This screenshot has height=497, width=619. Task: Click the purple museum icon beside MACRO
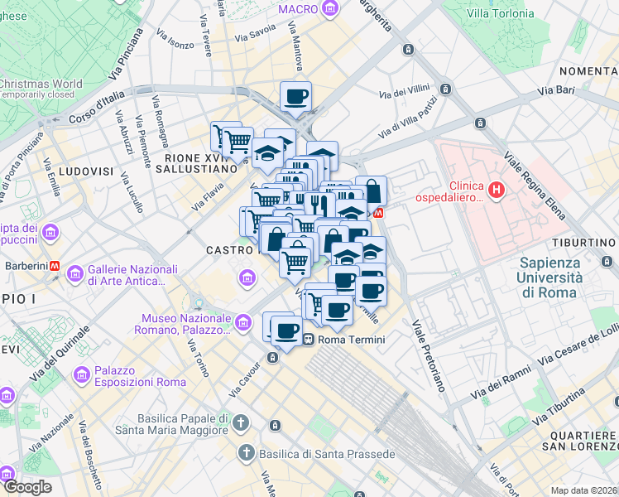click(x=331, y=9)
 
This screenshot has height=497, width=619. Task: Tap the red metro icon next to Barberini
click(x=55, y=267)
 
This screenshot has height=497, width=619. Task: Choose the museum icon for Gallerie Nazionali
click(x=75, y=273)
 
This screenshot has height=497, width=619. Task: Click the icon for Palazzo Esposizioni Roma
click(x=82, y=375)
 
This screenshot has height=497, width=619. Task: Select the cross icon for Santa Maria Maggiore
click(x=240, y=422)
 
